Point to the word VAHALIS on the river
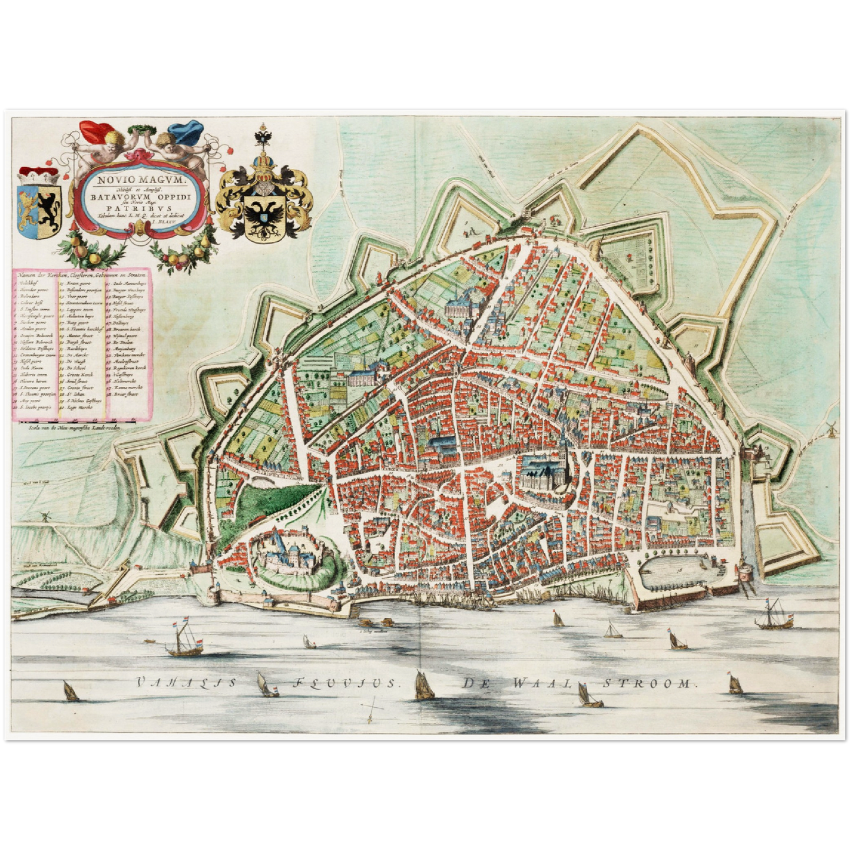click(187, 683)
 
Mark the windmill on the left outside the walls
click(42, 515)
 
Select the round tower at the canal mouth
click(745, 571)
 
